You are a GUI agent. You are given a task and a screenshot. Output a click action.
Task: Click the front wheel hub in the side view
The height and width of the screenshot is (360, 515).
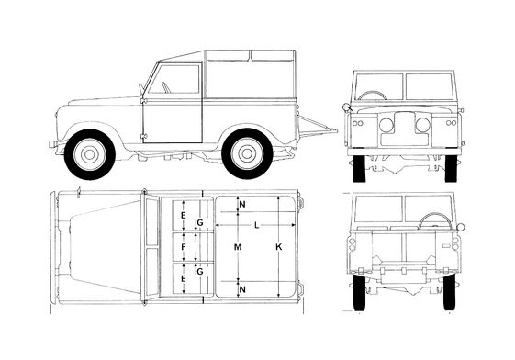[90, 154]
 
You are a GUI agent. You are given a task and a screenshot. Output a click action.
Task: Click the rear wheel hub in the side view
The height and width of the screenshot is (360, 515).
[247, 153]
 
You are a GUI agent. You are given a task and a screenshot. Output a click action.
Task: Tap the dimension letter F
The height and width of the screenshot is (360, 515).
[184, 247]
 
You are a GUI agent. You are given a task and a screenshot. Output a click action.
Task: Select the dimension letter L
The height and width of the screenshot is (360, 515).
[257, 225]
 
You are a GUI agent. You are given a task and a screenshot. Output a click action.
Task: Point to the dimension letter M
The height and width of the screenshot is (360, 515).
[238, 247]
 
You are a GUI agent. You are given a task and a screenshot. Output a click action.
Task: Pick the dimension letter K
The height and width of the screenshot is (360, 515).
[278, 247]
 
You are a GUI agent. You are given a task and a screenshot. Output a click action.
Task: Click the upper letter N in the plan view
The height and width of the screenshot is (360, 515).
[242, 204]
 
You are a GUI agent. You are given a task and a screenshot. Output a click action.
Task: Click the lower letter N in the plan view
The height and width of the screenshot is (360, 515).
[242, 289]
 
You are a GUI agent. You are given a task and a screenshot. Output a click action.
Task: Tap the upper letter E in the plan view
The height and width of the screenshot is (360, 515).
[184, 216]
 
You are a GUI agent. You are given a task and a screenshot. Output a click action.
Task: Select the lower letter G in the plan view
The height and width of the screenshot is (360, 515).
[200, 272]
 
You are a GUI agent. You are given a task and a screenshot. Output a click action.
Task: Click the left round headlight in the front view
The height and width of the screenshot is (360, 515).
[386, 125]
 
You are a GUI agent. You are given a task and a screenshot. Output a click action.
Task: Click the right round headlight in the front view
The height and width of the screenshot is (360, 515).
[422, 125]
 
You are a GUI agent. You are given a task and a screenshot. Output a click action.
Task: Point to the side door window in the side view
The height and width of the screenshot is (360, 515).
[174, 79]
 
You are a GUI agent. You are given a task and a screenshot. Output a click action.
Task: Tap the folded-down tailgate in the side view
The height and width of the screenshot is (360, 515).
[317, 127]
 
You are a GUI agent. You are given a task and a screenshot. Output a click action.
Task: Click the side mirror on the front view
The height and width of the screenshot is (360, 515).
[347, 108]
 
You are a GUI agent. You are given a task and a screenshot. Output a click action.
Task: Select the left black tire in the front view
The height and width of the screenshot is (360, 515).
[359, 168]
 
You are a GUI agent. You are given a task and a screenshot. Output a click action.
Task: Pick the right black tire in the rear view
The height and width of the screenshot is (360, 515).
[449, 292]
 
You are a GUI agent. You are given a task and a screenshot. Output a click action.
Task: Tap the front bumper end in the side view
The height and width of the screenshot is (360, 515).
[53, 144]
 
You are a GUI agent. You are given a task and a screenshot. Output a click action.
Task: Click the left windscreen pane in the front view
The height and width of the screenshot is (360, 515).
[379, 86]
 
